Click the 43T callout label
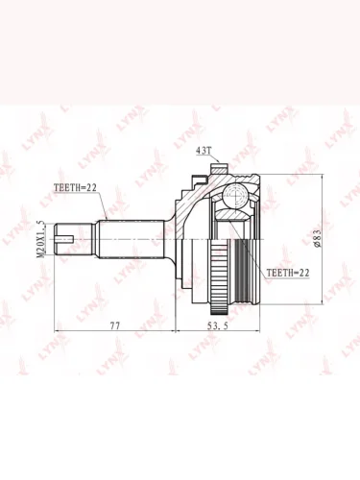(202, 151)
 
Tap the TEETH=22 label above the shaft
(75, 188)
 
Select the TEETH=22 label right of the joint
(288, 273)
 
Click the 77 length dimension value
(114, 325)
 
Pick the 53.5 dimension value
(218, 325)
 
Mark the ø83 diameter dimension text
(317, 238)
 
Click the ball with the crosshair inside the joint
(235, 195)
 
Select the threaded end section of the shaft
(74, 239)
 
